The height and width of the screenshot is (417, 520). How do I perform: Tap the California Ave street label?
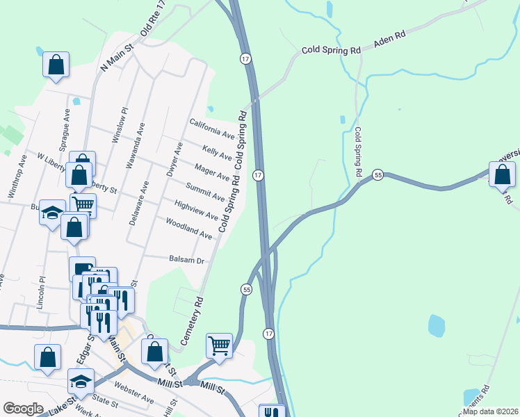[212, 127]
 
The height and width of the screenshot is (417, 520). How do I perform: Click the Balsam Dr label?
[186, 260]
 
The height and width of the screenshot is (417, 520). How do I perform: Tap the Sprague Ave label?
[67, 125]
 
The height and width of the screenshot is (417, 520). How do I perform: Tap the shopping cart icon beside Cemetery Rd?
[219, 345]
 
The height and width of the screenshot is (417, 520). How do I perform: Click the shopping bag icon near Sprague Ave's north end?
[56, 66]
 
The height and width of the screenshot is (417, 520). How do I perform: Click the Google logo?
[24, 409]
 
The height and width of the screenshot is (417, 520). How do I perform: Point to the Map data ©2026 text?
[489, 411]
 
